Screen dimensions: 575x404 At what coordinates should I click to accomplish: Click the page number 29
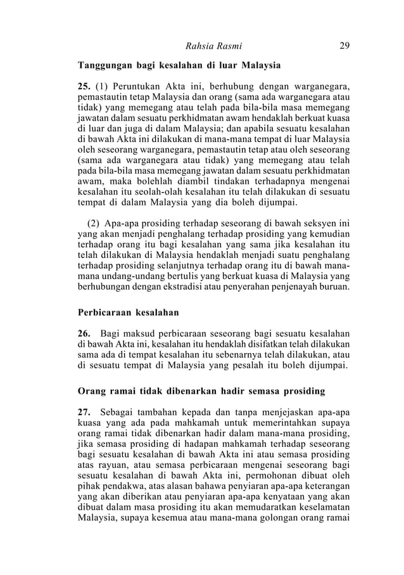[346, 46]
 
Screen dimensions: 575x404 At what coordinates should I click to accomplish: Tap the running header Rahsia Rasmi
[213, 46]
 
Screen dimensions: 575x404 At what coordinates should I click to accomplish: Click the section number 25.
[84, 87]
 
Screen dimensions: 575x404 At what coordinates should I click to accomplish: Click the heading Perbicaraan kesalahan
[128, 313]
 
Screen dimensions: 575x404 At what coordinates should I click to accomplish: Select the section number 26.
[84, 335]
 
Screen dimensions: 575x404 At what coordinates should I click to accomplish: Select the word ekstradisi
[188, 287]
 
